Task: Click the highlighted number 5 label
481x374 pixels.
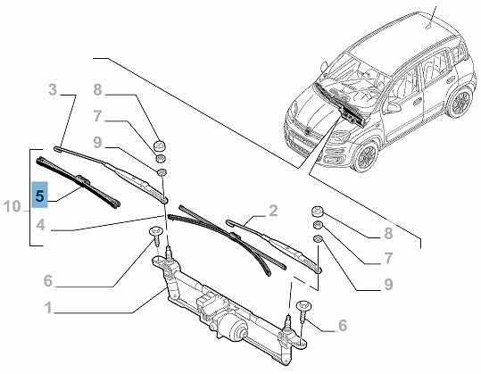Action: click(40, 195)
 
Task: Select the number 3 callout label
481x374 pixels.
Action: click(53, 90)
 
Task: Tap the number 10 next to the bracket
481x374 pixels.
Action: click(12, 206)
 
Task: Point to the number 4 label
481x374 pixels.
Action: click(41, 225)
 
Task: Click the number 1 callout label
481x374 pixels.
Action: click(48, 308)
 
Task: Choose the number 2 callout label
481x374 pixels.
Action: click(273, 211)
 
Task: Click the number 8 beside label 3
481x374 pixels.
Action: click(97, 90)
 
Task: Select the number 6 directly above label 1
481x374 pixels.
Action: click(48, 281)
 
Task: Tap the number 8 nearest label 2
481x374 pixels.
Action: click(388, 233)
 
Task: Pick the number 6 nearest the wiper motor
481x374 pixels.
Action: click(343, 325)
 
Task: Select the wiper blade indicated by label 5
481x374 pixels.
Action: click(79, 183)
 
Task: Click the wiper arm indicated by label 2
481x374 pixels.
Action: click(274, 246)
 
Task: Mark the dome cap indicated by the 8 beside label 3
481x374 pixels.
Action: click(161, 145)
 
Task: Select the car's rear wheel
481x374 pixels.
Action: click(460, 101)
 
